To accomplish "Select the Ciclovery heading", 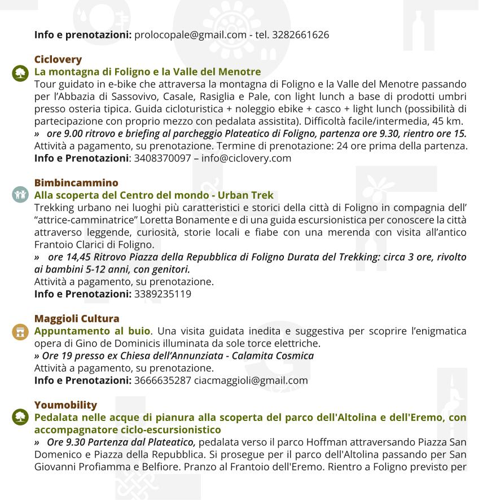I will pos(58,59).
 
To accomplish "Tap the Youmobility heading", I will pos(65,405).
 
